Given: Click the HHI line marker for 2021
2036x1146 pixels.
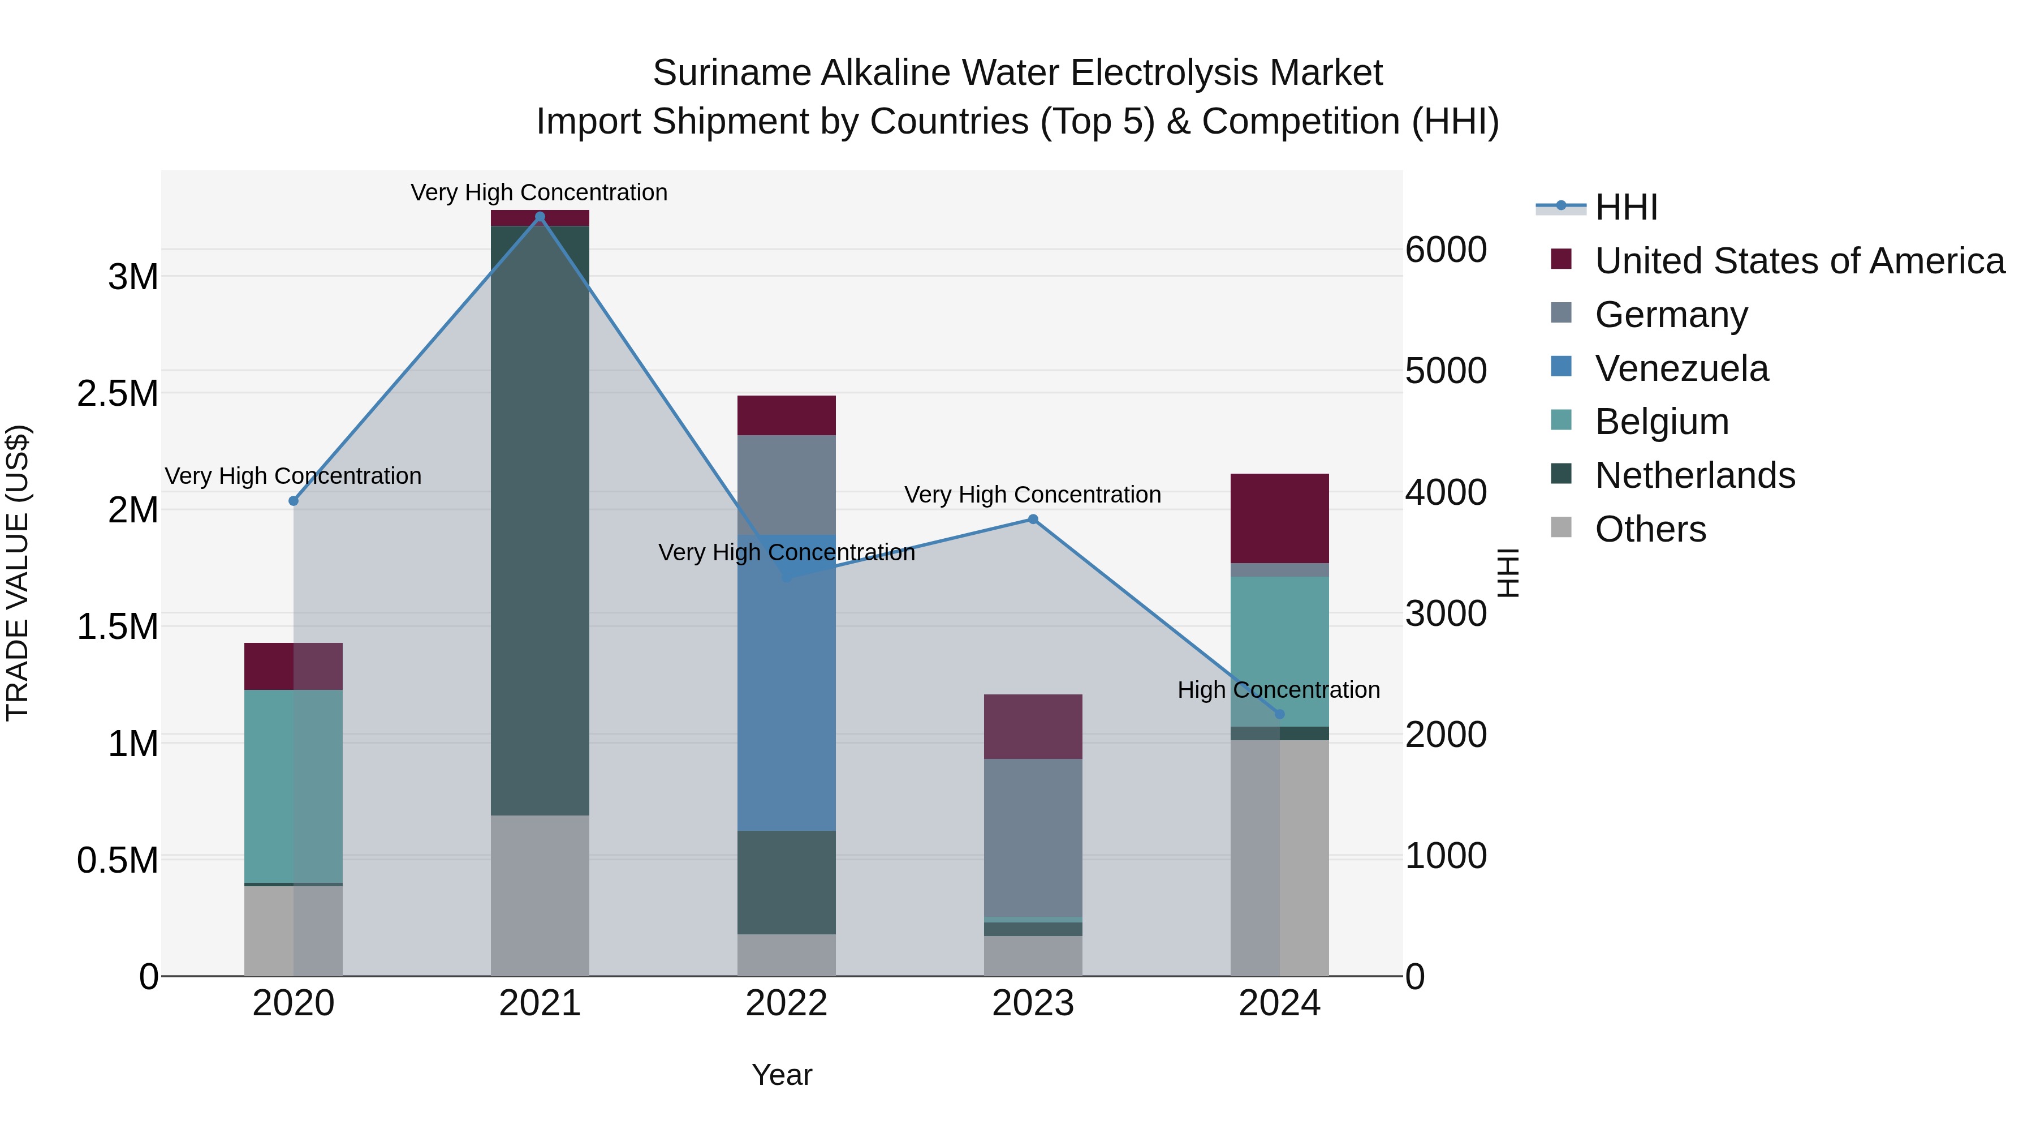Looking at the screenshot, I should (x=540, y=217).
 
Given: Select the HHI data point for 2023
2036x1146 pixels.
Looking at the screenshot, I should (x=1033, y=520).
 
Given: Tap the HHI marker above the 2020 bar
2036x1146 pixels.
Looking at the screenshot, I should (x=293, y=501).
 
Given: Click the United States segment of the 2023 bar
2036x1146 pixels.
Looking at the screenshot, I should (x=1033, y=726).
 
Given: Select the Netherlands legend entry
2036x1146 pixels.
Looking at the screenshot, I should (x=1694, y=475).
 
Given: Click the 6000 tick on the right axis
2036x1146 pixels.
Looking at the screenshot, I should (x=1446, y=250).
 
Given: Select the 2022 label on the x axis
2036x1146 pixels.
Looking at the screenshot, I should (x=787, y=1003).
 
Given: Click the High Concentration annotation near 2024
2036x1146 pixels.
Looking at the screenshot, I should (x=1278, y=690).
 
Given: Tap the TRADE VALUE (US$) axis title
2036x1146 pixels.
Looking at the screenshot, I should (x=18, y=573).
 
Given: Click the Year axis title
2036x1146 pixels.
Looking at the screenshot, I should (x=782, y=1075).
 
